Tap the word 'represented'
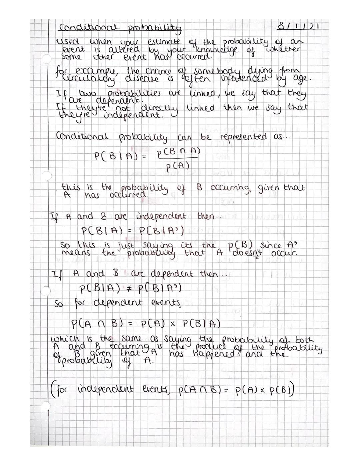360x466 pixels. (243, 137)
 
